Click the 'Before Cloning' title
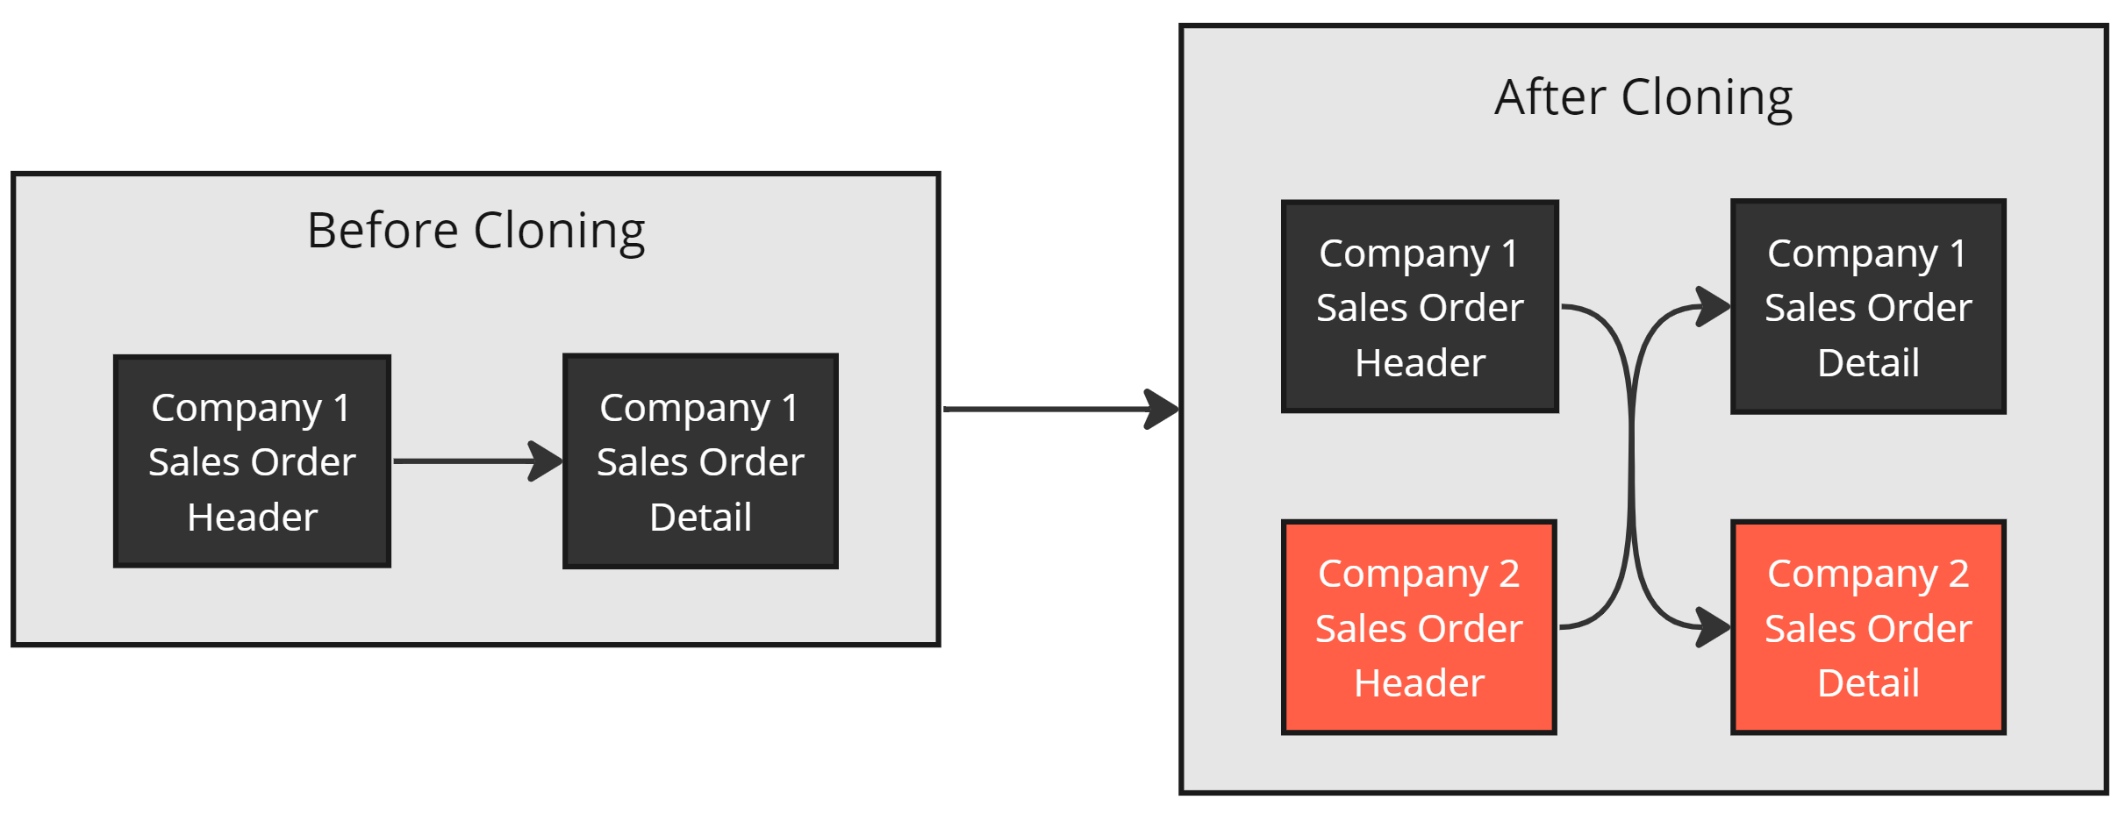(476, 232)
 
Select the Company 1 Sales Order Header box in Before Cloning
(253, 461)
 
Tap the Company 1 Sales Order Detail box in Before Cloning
(700, 461)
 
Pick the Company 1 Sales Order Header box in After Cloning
(1420, 307)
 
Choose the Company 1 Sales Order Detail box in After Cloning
(1868, 307)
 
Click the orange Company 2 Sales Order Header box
(1419, 627)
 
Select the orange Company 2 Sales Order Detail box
(1868, 627)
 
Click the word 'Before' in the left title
(383, 231)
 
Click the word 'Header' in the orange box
(1419, 683)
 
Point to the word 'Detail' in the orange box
(1868, 683)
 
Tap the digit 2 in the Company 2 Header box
(1509, 574)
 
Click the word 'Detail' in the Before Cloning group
(700, 518)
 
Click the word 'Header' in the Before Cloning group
(253, 518)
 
